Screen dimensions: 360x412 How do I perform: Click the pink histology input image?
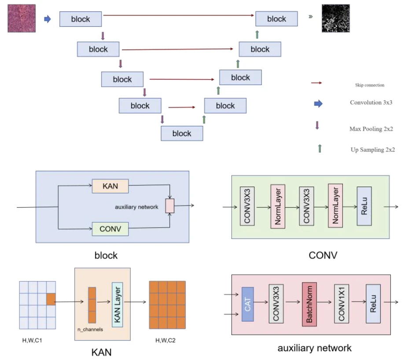22,18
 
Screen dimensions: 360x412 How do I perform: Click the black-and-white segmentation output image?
336,18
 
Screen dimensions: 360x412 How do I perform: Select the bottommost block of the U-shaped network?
182,133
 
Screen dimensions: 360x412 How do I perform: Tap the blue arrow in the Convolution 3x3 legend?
318,103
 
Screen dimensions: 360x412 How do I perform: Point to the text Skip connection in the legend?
369,85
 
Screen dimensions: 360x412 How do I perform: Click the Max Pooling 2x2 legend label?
371,129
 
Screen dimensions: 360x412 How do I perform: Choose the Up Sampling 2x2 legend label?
372,150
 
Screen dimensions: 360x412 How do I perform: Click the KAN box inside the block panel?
110,186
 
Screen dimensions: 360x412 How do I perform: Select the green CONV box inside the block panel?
110,229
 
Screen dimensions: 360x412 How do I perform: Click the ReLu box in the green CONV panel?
364,206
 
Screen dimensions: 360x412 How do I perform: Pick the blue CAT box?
247,304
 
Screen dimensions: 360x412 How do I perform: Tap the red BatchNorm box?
309,304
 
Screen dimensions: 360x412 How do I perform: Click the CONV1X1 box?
341,304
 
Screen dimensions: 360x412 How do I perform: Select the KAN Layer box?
118,304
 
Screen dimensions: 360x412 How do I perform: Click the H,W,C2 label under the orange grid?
167,340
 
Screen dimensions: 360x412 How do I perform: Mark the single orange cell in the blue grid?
51,299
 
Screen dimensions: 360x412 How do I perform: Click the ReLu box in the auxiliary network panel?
372,304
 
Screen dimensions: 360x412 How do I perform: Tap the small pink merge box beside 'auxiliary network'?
170,206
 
